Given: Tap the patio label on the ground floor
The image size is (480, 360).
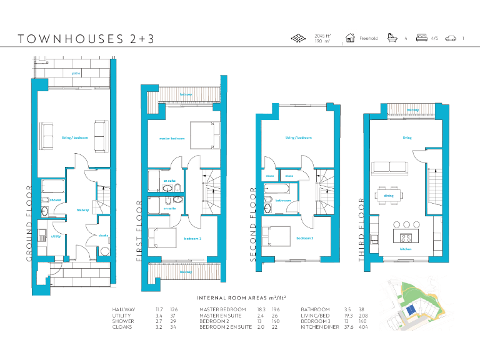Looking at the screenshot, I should pos(76,73).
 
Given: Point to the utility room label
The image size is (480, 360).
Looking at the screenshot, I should pos(56,237).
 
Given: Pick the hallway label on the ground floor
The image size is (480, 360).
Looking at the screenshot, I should pos(82,211).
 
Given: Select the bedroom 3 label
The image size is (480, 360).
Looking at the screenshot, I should pos(304,238).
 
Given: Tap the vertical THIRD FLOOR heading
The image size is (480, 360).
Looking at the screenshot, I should pos(362,234).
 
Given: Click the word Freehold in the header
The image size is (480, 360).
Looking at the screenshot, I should pos(368,39).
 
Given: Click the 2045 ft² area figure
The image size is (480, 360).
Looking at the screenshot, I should pos(322,36).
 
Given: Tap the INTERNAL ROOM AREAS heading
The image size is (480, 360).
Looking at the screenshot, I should pos(246,298).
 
